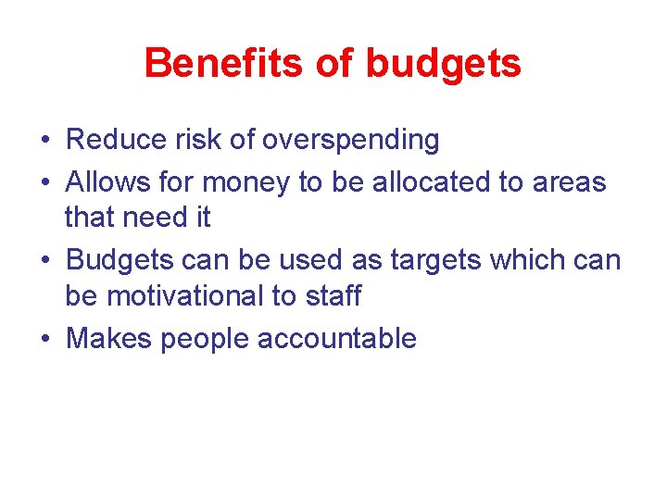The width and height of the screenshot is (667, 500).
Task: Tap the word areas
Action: pos(569,182)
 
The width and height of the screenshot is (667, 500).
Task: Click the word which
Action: pos(525,260)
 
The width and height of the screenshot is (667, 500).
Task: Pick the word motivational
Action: pos(197,296)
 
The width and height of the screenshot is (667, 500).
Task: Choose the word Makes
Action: pos(110,338)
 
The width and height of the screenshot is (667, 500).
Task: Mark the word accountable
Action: pos(337,338)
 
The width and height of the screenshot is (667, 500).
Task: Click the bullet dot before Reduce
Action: pos(44,141)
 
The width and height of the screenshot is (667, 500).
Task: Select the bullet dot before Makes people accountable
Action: pos(44,339)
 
